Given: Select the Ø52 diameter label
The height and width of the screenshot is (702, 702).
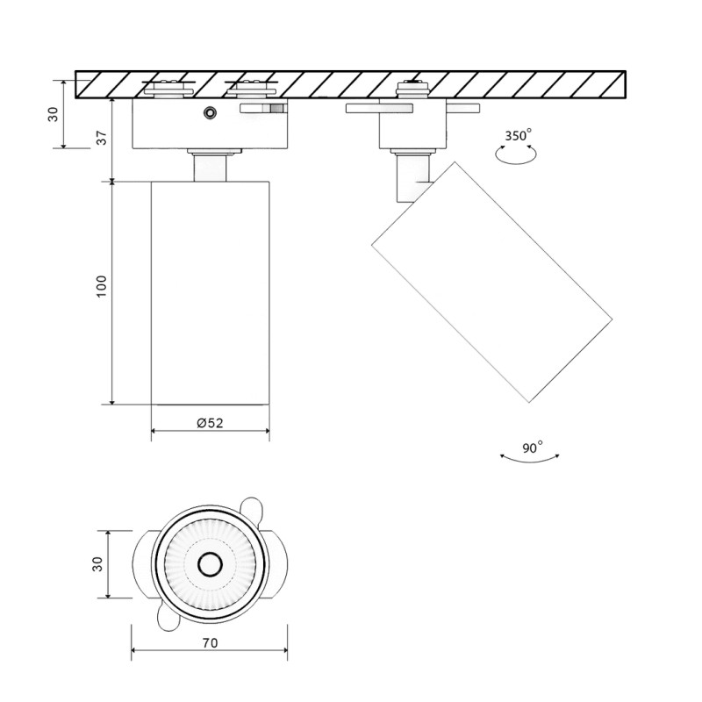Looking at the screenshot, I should [x=210, y=422].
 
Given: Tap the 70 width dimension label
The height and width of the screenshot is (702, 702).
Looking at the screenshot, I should [x=210, y=642].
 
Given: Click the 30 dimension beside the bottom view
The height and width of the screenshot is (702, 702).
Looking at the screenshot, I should [x=97, y=564].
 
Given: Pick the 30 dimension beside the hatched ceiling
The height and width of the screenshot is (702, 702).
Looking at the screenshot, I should [x=54, y=114].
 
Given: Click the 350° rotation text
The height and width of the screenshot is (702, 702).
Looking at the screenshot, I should [x=518, y=136].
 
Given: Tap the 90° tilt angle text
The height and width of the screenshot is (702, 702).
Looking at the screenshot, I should [x=532, y=448].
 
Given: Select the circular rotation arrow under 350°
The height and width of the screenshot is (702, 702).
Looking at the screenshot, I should [x=515, y=154].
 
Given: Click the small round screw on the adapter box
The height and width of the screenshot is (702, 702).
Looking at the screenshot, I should [x=209, y=112].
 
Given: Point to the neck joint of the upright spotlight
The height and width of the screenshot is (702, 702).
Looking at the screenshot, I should [x=211, y=166].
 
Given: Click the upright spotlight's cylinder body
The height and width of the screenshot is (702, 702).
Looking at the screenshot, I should [x=210, y=293].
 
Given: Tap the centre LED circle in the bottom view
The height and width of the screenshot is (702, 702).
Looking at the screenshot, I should [x=209, y=564].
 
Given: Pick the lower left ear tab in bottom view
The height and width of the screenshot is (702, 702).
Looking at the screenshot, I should [x=167, y=620].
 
